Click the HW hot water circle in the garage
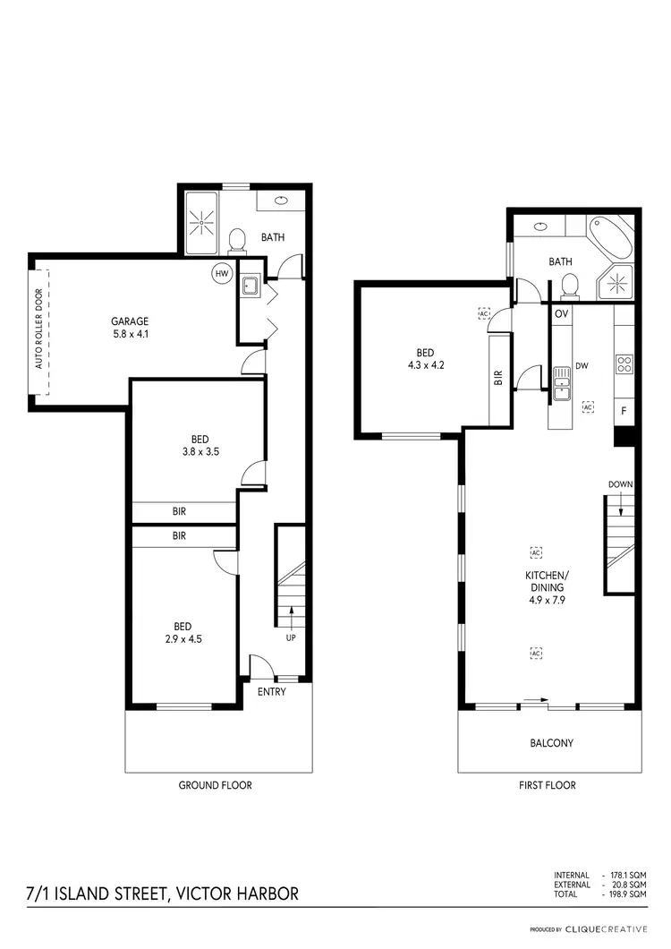pyautogui.click(x=221, y=274)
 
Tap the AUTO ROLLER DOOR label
pyautogui.click(x=38, y=329)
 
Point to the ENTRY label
pyautogui.click(x=271, y=692)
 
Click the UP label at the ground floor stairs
pyautogui.click(x=290, y=639)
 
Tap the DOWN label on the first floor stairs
pyautogui.click(x=621, y=484)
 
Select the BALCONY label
pyautogui.click(x=551, y=743)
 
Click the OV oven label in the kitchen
pyautogui.click(x=562, y=313)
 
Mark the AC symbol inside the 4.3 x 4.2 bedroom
pyautogui.click(x=484, y=314)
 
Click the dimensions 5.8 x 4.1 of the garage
pyautogui.click(x=129, y=335)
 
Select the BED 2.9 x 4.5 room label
pyautogui.click(x=183, y=632)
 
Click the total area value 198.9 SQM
pyautogui.click(x=627, y=894)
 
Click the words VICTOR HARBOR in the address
pyautogui.click(x=237, y=893)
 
